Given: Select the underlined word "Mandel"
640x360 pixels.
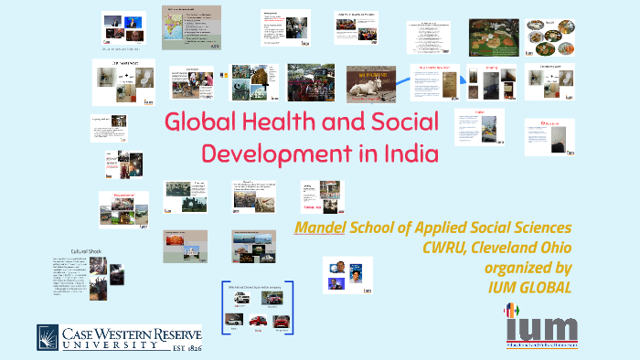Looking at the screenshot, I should pos(319,227).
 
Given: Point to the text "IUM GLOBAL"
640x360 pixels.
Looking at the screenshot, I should pos(527,287).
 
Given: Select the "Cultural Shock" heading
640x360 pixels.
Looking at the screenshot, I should pos(91,250).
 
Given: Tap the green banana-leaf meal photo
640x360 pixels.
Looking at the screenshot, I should pos(494,36).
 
